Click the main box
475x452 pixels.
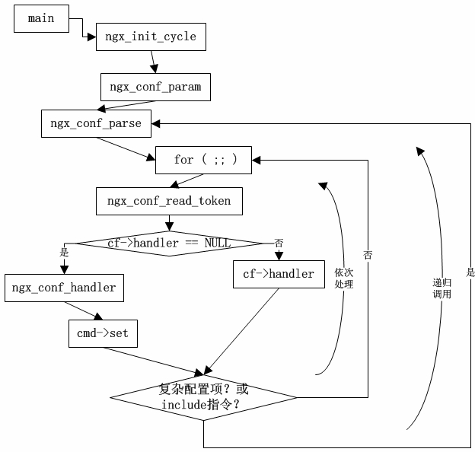(x=41, y=18)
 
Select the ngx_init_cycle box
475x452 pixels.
(x=150, y=37)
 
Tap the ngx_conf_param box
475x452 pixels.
(x=155, y=87)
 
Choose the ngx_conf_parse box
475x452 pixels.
(x=96, y=123)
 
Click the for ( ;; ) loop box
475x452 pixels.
(x=203, y=160)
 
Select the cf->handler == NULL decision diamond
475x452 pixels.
(x=169, y=244)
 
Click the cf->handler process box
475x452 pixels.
(x=278, y=274)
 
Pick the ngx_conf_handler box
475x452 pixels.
(x=64, y=288)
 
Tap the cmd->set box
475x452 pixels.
(x=103, y=333)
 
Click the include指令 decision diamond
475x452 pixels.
(x=203, y=397)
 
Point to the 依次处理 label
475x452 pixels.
(x=344, y=278)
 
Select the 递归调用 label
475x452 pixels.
(x=442, y=288)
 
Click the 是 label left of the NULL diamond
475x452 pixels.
(x=64, y=252)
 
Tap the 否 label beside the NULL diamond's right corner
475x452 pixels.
(x=279, y=244)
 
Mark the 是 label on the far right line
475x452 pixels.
(x=470, y=272)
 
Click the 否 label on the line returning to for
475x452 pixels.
(x=368, y=256)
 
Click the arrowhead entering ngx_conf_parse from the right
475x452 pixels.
(x=157, y=123)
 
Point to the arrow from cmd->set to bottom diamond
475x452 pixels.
(x=152, y=361)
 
